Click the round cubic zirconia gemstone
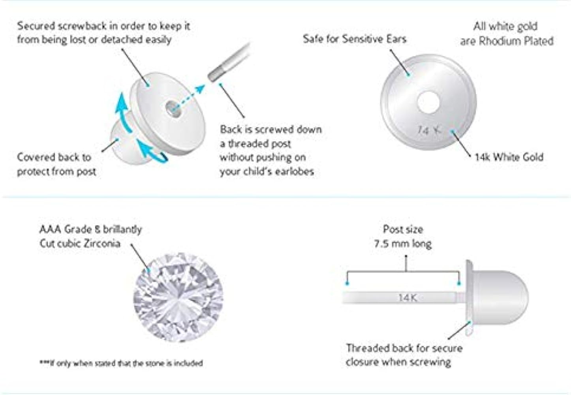(178, 297)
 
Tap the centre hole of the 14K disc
(428, 103)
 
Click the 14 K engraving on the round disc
(429, 130)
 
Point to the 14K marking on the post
(408, 297)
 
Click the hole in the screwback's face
(171, 107)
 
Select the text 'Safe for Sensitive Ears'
(354, 39)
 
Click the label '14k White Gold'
(509, 157)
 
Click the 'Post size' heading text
(403, 229)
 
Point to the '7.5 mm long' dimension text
(403, 243)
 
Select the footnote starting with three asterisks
(121, 363)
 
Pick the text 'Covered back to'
(54, 157)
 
